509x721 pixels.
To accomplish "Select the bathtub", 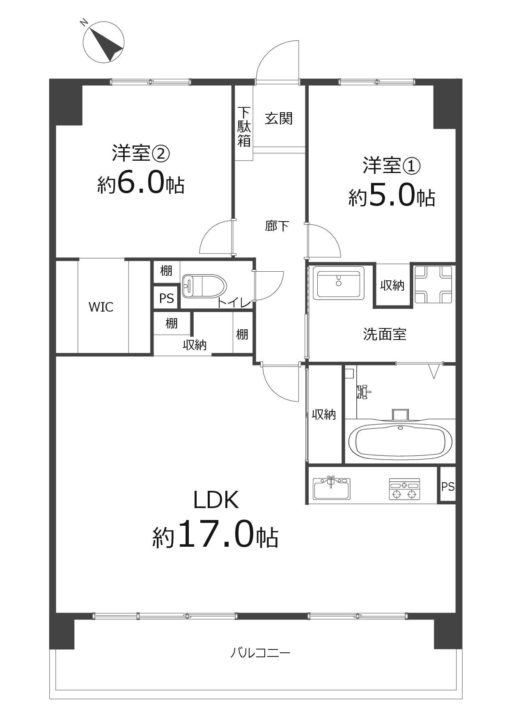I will [x=400, y=442].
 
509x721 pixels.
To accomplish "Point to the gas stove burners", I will [x=404, y=490].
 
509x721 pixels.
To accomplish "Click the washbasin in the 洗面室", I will [x=339, y=283].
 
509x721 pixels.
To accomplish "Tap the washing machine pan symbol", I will [x=433, y=284].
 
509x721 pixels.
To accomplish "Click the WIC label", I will [x=101, y=307].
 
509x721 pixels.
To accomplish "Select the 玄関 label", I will [x=279, y=118].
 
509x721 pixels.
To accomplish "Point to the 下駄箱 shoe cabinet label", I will [x=244, y=126].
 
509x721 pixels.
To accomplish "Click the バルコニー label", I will [x=260, y=653].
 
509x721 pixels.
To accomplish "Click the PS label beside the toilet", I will [x=167, y=298].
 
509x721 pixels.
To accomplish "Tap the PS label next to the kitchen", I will [x=448, y=486].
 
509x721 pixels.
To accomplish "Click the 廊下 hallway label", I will [x=277, y=226].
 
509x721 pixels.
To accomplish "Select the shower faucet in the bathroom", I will [x=362, y=392].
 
